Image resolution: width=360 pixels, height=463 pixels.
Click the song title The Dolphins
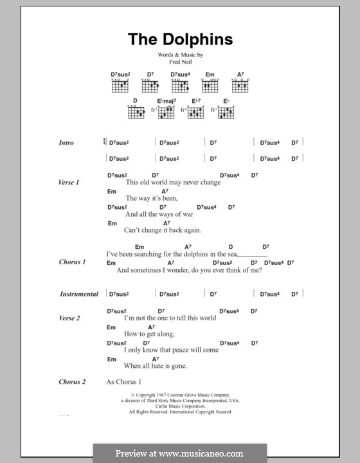click(x=180, y=40)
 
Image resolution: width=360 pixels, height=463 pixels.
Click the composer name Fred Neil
click(x=180, y=62)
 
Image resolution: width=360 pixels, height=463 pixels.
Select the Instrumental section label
click(x=79, y=294)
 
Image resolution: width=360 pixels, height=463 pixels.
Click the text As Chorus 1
click(x=123, y=382)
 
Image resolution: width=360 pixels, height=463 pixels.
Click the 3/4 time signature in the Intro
click(x=105, y=142)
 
